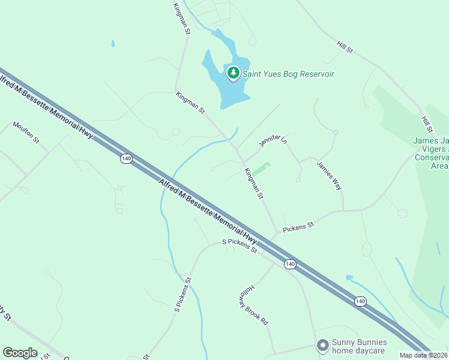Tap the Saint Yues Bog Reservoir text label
click(288, 74)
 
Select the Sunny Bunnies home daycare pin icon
click(322, 345)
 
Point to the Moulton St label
click(26, 133)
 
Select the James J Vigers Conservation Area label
click(431, 153)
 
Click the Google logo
click(20, 353)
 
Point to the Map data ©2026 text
click(424, 355)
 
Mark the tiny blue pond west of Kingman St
click(112, 43)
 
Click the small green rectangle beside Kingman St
click(261, 169)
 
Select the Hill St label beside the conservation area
click(427, 124)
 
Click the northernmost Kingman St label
click(181, 18)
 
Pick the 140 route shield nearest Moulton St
click(125, 158)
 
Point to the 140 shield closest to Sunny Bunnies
click(360, 301)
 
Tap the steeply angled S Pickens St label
click(182, 294)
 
